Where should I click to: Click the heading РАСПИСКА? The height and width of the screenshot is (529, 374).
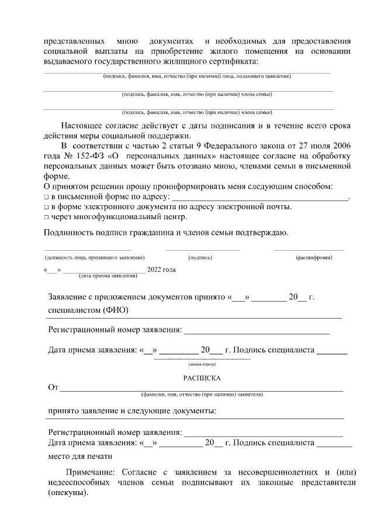(x=201, y=378)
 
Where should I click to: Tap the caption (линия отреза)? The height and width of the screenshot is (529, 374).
(x=201, y=364)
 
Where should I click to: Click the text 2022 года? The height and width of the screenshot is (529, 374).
(x=161, y=269)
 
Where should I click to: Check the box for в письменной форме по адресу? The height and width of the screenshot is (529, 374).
(x=47, y=197)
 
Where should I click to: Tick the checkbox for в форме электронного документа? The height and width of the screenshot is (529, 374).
(x=47, y=207)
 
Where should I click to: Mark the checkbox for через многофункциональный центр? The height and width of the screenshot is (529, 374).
(x=47, y=217)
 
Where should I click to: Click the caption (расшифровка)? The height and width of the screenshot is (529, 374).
(x=314, y=257)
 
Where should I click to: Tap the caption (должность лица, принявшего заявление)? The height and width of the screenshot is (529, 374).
(x=95, y=257)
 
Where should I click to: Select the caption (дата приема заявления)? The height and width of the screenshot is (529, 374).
(x=104, y=275)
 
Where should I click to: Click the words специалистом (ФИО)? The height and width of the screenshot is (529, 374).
(x=88, y=309)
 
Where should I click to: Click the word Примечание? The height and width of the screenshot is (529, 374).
(x=91, y=472)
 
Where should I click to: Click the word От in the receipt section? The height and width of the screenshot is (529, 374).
(x=53, y=388)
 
